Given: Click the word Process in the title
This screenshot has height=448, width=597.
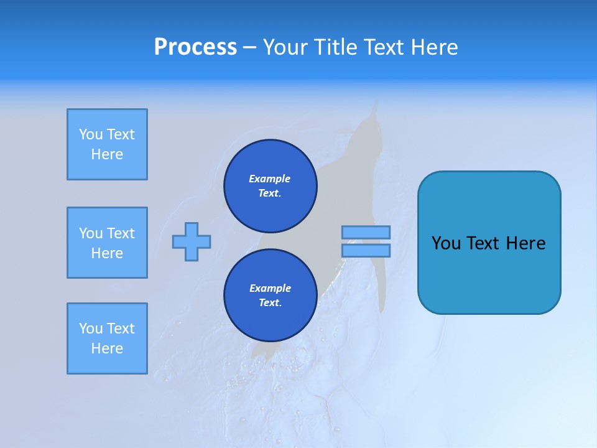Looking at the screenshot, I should pos(195,47).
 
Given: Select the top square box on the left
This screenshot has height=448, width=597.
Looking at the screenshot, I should pos(107,144).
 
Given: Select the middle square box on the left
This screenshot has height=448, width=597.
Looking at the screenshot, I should pos(107,243).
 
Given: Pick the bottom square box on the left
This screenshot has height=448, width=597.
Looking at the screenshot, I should pos(107,338).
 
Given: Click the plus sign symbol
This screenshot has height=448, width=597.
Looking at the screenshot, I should pos(192,242).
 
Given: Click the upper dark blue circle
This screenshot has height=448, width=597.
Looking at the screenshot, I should pos(270,186).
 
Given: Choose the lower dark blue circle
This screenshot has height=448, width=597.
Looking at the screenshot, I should pos(270,296).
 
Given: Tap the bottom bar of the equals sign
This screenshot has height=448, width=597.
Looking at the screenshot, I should pos(366,251).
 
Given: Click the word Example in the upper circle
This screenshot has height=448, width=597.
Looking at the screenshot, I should pos(270,179).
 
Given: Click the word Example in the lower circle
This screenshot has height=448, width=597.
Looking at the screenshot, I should pos(270,288).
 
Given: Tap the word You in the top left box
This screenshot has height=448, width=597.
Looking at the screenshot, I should pos(90,134).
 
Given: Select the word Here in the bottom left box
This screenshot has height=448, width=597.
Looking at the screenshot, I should pos(107,348).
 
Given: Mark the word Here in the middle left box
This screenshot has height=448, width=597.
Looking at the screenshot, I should pos(107,253).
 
